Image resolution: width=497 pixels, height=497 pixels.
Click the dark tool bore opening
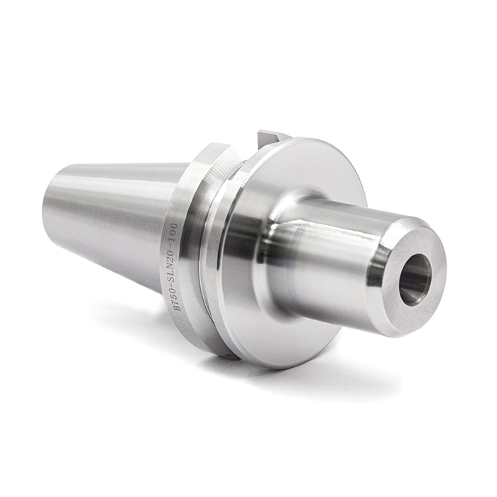(415, 278)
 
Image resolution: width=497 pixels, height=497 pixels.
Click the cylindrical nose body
(334, 248)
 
